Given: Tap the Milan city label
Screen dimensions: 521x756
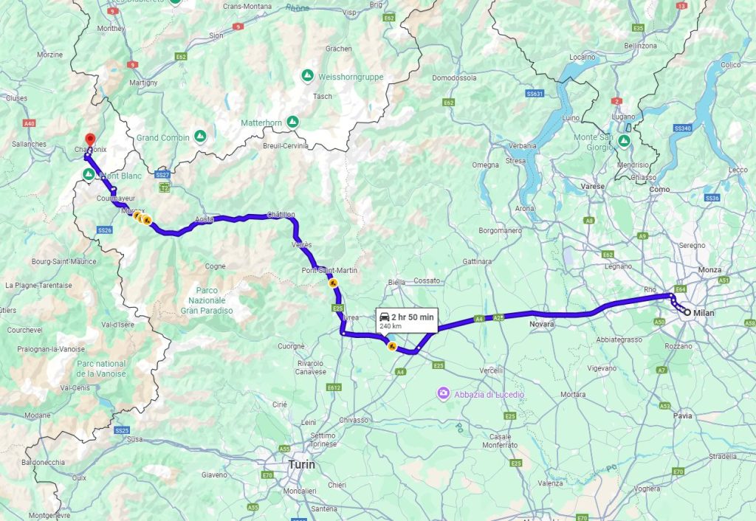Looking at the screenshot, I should (x=705, y=314).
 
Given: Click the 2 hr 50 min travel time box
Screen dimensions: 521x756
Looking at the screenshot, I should (x=406, y=319).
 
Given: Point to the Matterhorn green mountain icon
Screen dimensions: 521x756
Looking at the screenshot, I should (x=293, y=122).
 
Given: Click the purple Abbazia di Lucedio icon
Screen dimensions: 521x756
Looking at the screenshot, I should (x=443, y=393).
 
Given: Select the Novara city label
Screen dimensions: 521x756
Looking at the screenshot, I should (x=542, y=324).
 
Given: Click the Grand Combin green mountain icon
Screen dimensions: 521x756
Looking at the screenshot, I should (x=200, y=137).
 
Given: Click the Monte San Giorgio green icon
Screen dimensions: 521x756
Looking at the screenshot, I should (x=624, y=140).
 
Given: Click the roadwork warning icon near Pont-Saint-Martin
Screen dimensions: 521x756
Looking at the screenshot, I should (x=333, y=283).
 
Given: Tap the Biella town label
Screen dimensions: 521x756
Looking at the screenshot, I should (x=397, y=281).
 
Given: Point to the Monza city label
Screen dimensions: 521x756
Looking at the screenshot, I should (x=709, y=270).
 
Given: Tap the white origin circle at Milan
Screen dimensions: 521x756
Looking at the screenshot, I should (x=687, y=314).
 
